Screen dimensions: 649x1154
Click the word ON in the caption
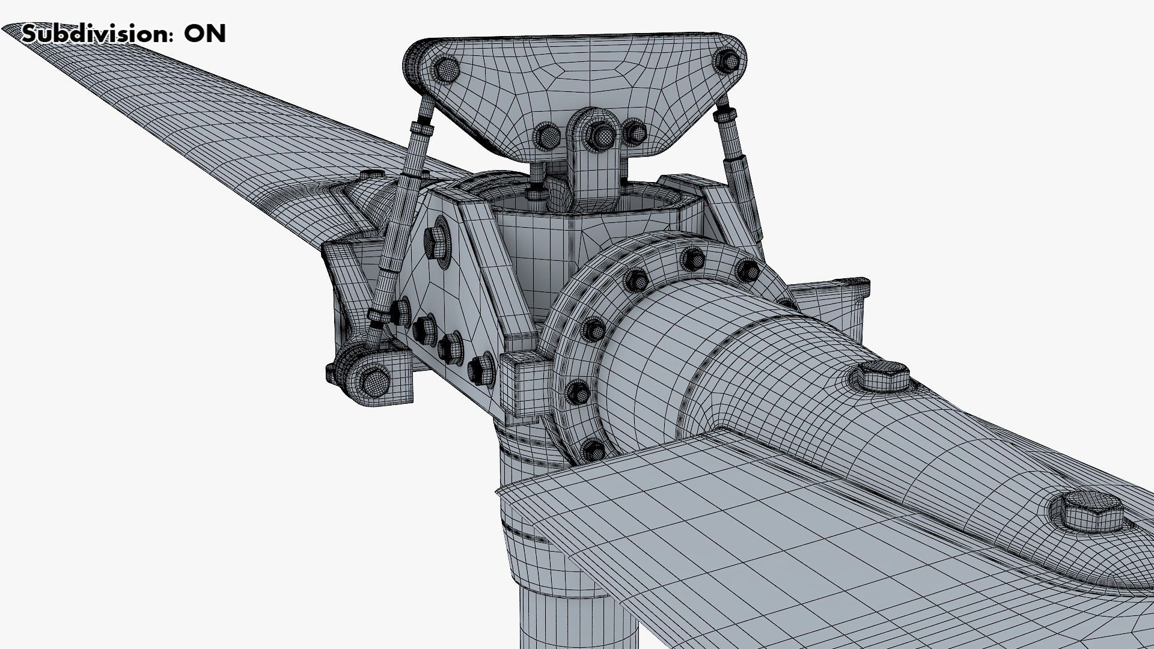pyautogui.click(x=204, y=34)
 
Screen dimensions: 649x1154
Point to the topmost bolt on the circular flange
pyautogui.click(x=692, y=259)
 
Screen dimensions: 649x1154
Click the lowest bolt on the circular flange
pyautogui.click(x=593, y=449)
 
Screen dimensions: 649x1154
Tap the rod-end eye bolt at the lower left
pyautogui.click(x=373, y=380)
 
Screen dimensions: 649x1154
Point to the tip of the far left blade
pyautogui.click(x=12, y=30)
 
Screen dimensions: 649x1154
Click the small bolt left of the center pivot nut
pyautogui.click(x=548, y=137)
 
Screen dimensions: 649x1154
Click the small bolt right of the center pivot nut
pyautogui.click(x=634, y=132)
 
